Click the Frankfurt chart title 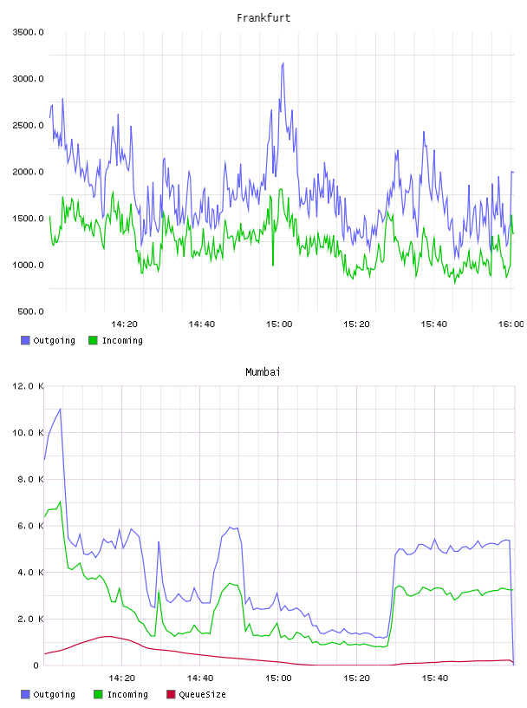(263, 18)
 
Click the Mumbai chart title (263, 372)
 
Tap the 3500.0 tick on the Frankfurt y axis (28, 32)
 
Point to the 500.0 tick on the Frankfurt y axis (30, 311)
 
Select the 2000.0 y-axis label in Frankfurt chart (28, 172)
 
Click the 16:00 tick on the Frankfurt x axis (511, 324)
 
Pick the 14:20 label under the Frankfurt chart (124, 324)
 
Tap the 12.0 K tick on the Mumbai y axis (28, 386)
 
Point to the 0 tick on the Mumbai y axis (36, 665)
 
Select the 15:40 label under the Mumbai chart (435, 678)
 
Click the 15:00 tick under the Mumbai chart (278, 678)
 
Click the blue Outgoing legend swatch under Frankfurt (25, 340)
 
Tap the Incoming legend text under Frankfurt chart (122, 341)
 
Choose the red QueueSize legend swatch (171, 694)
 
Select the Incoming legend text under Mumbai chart (127, 695)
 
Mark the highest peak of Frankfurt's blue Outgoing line (283, 63)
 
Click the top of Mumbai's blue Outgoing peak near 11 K (60, 409)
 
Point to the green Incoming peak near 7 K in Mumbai (60, 501)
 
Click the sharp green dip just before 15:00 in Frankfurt (273, 265)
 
